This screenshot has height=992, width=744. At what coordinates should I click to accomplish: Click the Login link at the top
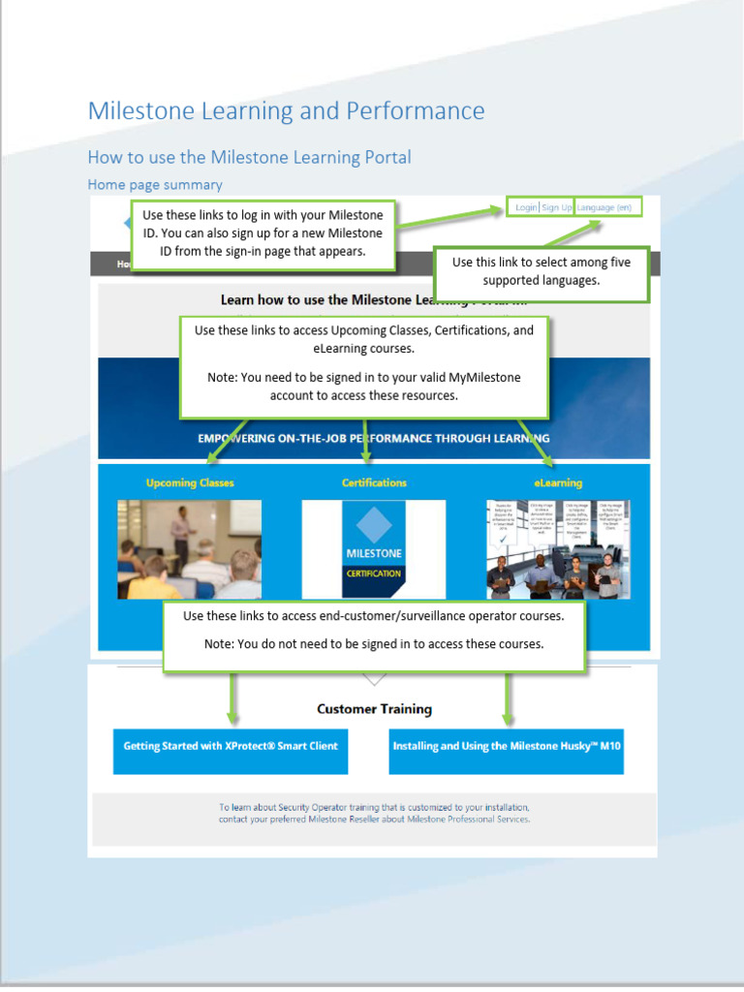[x=525, y=207]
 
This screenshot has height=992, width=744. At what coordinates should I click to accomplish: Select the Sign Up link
[x=556, y=207]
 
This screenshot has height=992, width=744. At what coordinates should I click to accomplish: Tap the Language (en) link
[x=604, y=207]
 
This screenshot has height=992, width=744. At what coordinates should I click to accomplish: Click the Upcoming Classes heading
[x=190, y=482]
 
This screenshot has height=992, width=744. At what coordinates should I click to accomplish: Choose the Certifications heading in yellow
[x=374, y=482]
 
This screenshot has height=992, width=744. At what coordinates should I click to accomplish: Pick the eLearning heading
[x=558, y=482]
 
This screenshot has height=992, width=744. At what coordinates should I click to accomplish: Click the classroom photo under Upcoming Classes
[x=190, y=549]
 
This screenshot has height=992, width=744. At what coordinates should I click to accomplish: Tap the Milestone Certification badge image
[x=374, y=549]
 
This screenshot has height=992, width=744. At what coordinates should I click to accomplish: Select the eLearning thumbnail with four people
[x=558, y=549]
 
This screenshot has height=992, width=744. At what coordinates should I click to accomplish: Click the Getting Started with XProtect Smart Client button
[x=231, y=747]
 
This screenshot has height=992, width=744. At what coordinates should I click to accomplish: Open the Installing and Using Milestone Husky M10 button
[x=506, y=747]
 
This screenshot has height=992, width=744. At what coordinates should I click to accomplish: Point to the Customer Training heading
[x=374, y=709]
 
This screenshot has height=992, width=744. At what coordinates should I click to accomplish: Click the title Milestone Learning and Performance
[x=286, y=110]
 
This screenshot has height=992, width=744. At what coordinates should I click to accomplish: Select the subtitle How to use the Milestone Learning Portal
[x=249, y=157]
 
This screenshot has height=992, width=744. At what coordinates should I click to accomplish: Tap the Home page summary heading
[x=155, y=184]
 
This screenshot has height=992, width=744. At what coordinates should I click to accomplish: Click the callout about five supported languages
[x=541, y=271]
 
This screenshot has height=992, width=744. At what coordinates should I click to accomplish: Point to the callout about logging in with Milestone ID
[x=263, y=233]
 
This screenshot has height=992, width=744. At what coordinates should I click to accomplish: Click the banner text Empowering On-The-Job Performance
[x=374, y=438]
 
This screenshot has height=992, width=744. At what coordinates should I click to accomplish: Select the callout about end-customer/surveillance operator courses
[x=374, y=630]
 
